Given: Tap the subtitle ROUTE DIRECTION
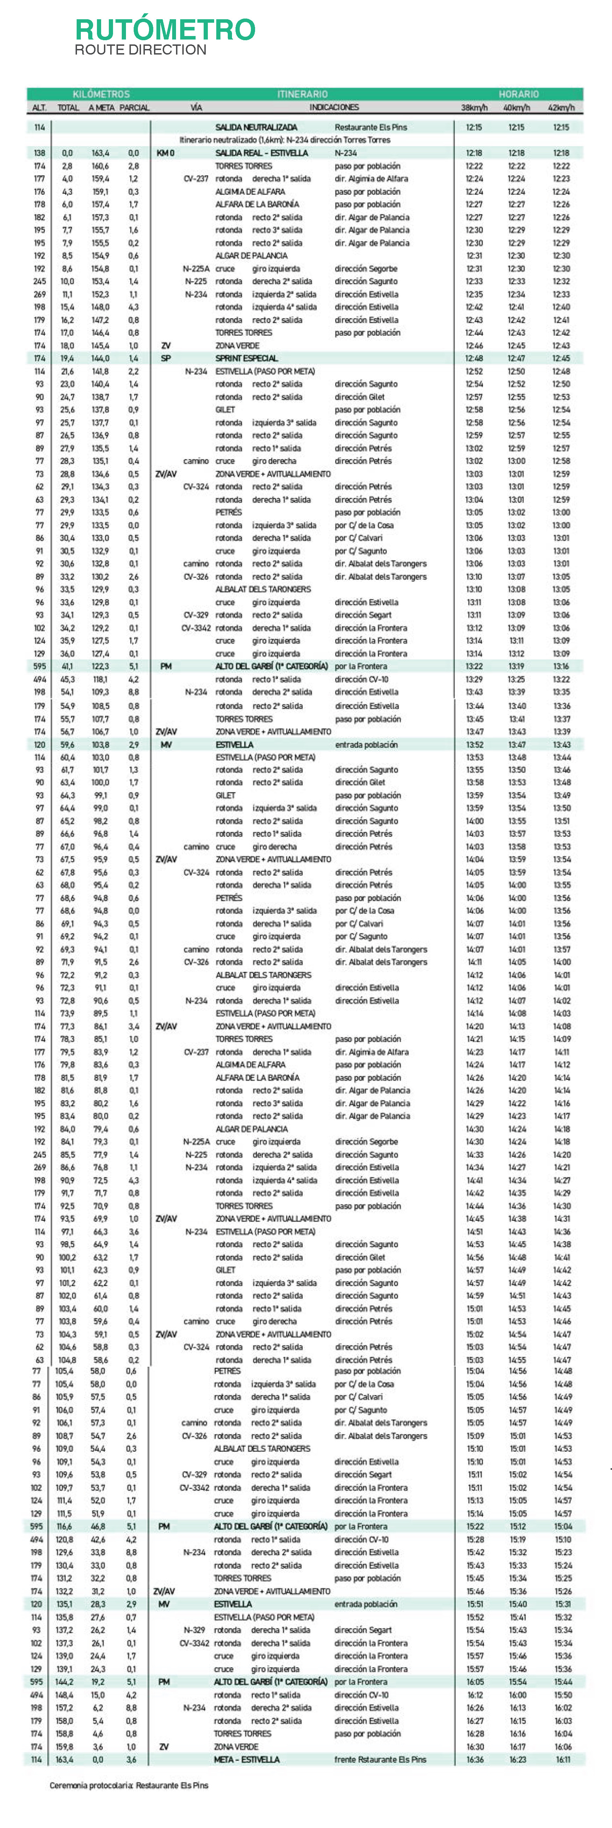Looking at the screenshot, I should [141, 50].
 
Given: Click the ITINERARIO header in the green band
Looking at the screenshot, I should [302, 94].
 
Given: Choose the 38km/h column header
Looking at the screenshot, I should [474, 108].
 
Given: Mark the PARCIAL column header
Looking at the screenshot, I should [134, 108].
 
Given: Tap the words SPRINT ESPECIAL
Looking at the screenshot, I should [246, 358].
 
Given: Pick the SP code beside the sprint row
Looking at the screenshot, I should [166, 358].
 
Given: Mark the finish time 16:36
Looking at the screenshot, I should [474, 1759].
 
